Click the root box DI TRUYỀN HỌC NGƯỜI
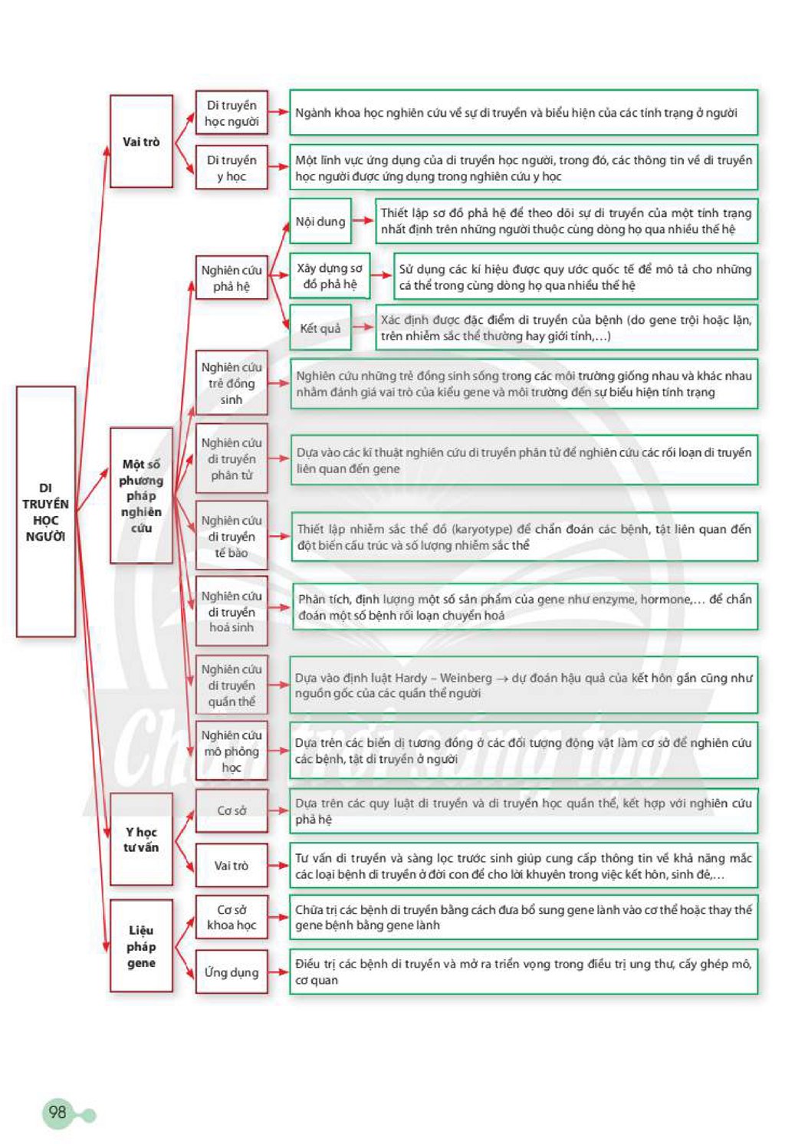[46, 511]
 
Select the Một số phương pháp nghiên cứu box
[142, 495]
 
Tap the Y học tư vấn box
[142, 839]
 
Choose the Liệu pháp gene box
[142, 946]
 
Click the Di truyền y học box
[232, 167]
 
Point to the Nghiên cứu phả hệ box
[232, 278]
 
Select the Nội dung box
[320, 221]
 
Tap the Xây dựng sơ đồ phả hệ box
[330, 276]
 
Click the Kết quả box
[320, 328]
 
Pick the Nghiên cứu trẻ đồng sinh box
[232, 383]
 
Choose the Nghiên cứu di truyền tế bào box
[232, 536]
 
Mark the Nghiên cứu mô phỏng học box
[232, 751]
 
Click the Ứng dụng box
[232, 972]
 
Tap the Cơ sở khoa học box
[232, 917]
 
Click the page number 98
[57, 1112]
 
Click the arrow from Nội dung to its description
[363, 221]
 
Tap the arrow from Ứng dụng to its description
[279, 972]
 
